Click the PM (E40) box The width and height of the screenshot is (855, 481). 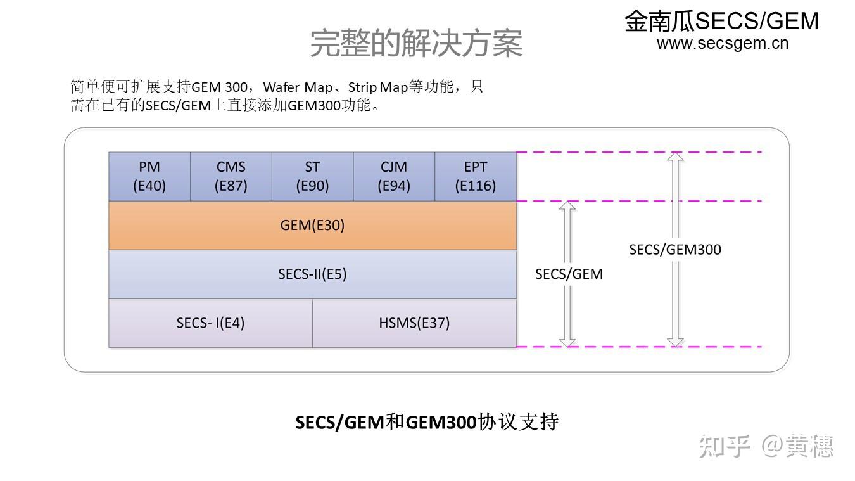(x=149, y=176)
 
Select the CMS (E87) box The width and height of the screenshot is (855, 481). (x=231, y=176)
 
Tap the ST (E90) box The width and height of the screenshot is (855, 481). (x=312, y=176)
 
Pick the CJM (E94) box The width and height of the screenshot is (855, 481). (x=394, y=176)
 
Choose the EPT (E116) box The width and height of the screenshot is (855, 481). (x=475, y=176)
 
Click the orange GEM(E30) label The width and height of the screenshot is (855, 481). (x=312, y=225)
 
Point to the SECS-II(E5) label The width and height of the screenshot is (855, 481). (x=312, y=274)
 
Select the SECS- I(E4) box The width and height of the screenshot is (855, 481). (x=210, y=323)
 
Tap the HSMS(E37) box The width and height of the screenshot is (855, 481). (x=414, y=323)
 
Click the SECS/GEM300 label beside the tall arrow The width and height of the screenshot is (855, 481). (x=675, y=249)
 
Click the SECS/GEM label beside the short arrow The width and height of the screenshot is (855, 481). (x=569, y=274)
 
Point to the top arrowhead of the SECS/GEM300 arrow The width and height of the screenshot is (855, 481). (x=675, y=157)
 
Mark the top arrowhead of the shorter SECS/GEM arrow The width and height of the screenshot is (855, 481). (x=568, y=206)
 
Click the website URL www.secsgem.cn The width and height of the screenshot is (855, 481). (x=722, y=43)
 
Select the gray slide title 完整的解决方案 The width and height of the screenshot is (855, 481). (x=416, y=43)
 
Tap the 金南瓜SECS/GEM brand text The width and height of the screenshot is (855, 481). (x=721, y=21)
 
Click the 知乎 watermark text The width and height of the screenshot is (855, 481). (x=725, y=446)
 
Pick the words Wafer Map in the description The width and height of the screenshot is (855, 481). (x=298, y=87)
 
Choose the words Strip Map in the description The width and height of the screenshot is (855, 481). (x=377, y=87)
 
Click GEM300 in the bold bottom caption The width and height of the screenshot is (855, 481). (x=441, y=422)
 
